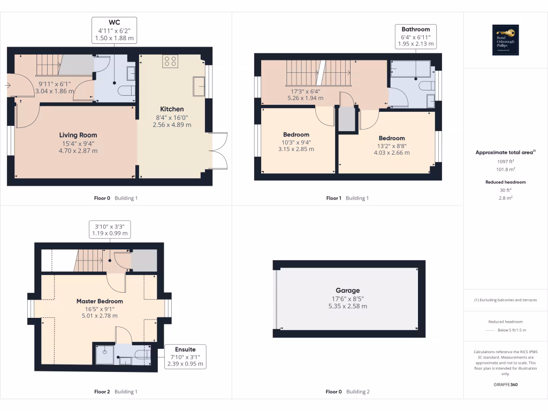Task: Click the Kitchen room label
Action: (171, 109)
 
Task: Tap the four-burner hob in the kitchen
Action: (171, 62)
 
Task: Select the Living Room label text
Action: (78, 135)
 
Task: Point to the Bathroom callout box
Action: (416, 36)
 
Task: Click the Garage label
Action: (348, 291)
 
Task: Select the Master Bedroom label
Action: (100, 301)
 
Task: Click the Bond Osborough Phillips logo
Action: (505, 40)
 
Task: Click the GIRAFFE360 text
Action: (505, 384)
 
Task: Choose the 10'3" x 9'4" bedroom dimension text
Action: (296, 142)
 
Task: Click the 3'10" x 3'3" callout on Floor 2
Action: (109, 230)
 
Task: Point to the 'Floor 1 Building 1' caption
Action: (347, 198)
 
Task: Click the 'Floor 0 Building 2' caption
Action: (347, 392)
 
